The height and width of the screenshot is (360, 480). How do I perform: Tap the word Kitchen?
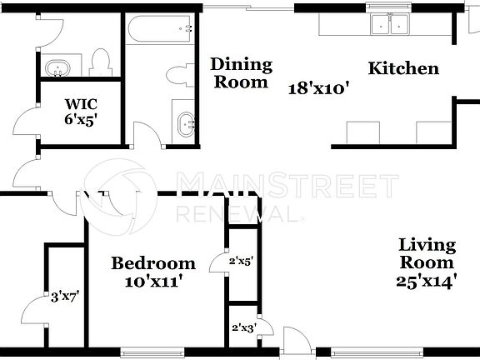tap(403, 68)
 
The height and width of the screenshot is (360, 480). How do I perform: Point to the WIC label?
tap(82, 104)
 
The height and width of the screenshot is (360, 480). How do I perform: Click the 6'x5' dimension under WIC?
tap(82, 119)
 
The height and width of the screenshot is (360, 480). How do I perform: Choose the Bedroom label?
tap(154, 263)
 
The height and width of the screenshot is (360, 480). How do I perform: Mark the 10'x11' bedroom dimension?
tap(154, 282)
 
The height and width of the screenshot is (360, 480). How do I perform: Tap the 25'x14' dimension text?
tap(427, 282)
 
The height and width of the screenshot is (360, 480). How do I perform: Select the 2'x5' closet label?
tap(242, 262)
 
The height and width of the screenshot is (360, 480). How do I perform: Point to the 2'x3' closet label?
tap(242, 327)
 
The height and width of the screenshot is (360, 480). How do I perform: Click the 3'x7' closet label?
tap(64, 295)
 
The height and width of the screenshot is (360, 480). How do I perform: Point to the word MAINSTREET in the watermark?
tap(287, 184)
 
